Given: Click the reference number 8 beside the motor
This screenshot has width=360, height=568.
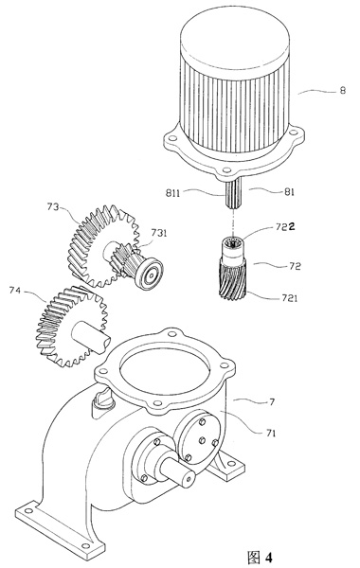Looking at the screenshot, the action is coord(342,90).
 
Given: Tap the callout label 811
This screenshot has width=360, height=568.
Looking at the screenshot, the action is coord(172,193).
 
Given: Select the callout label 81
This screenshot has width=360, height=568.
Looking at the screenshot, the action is coord(289,192).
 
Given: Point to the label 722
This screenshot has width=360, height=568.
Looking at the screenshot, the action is coord(285,227).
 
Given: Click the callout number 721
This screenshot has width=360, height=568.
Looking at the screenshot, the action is coord(289,298).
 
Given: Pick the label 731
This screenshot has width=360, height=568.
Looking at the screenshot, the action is coord(159,233).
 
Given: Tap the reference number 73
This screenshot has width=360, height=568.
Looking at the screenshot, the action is coord(52,206).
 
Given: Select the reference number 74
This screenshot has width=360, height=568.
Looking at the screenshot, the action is coord(15,291).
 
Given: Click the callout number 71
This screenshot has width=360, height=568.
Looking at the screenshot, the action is coord(270,433).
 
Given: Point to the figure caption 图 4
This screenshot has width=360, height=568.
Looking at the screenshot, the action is coord(260,557).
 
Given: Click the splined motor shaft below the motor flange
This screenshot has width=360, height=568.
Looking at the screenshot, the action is coord(234,194).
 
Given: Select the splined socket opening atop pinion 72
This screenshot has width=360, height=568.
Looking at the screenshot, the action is coord(231,242).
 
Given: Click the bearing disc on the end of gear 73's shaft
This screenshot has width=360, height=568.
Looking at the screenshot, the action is coord(149,274).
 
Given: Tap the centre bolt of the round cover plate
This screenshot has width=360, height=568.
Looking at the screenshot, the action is coord(203,440).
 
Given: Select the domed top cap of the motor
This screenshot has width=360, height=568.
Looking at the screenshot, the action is coord(235,39).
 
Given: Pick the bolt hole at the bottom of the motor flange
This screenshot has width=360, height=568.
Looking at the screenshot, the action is coord(226,169).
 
